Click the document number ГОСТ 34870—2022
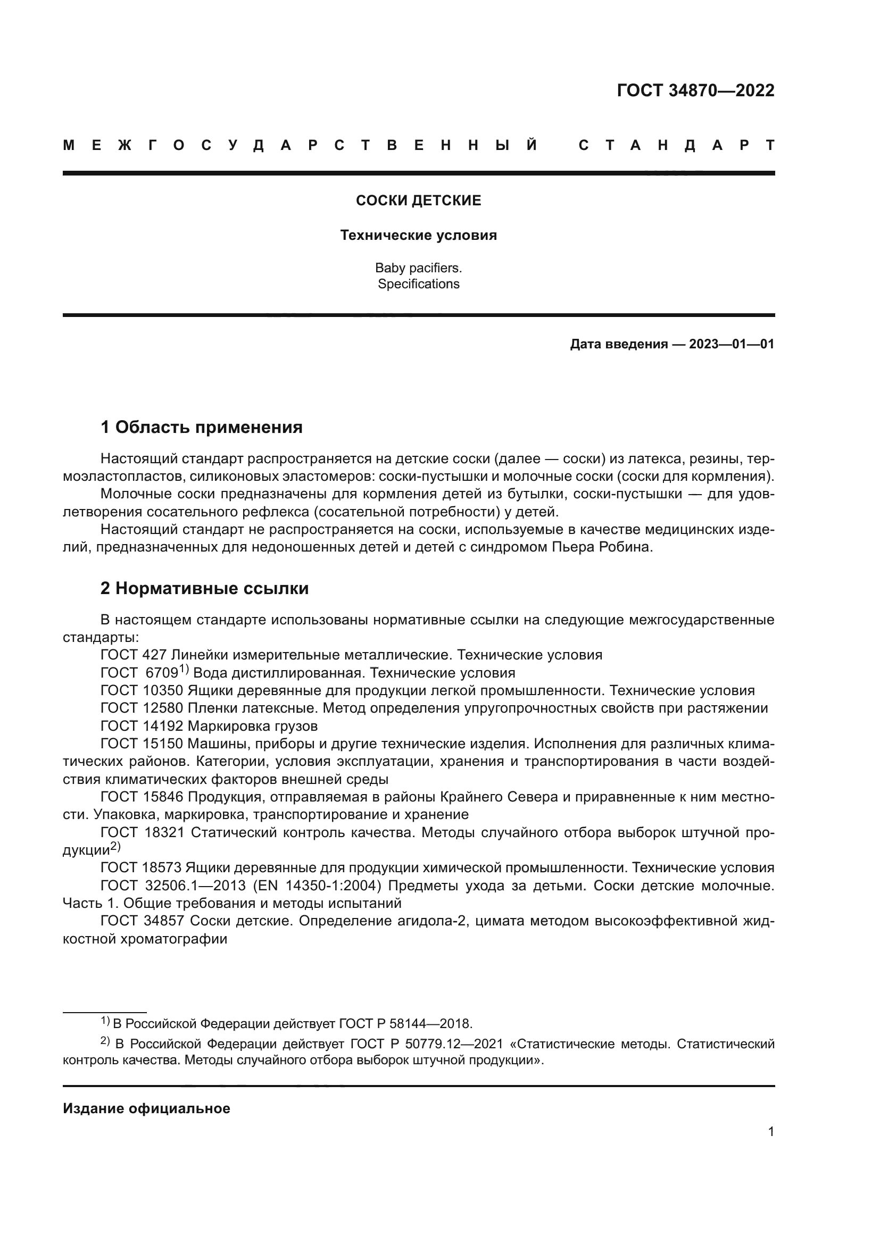[x=695, y=90]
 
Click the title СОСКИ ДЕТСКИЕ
[x=418, y=201]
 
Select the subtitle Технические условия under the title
[x=418, y=236]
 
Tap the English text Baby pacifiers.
[x=418, y=268]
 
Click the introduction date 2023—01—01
[x=732, y=345]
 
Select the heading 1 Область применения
[x=202, y=428]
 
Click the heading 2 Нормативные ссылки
[x=204, y=588]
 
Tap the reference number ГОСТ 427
[x=134, y=655]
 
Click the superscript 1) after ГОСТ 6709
[x=184, y=670]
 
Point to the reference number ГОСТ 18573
[x=141, y=868]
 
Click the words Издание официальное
[x=146, y=1109]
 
